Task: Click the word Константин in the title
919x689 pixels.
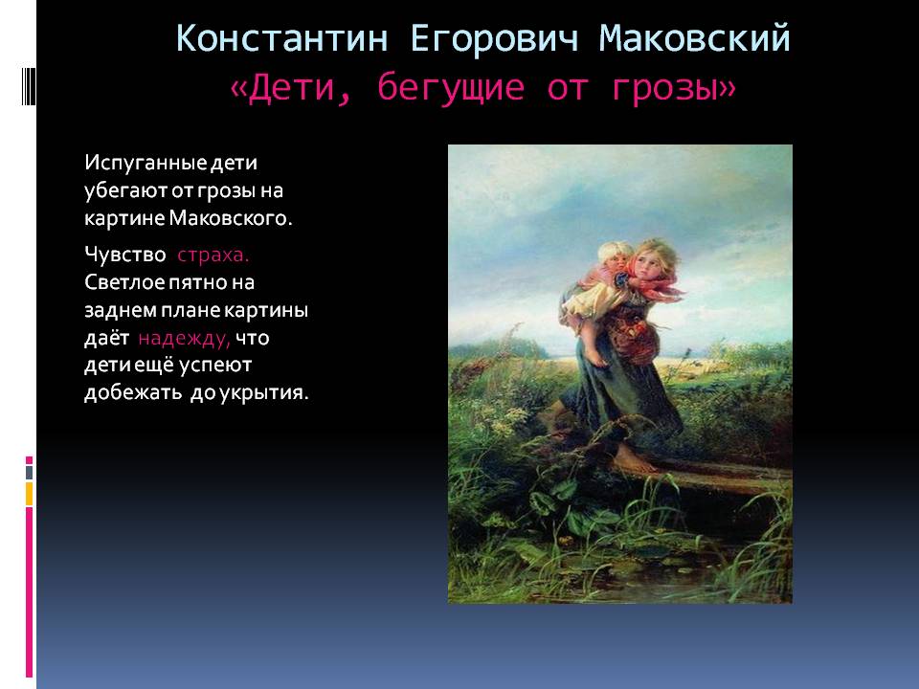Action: coord(281,38)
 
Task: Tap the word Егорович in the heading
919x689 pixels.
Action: coord(494,38)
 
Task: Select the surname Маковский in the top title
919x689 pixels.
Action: coord(695,38)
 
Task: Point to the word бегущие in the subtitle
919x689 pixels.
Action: coord(451,88)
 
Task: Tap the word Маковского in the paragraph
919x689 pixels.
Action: coord(231,218)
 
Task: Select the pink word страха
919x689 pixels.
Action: coord(213,256)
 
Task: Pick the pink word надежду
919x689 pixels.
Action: coord(184,339)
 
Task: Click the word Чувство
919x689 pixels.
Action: coord(124,255)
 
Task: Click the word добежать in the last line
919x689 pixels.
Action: coord(133,392)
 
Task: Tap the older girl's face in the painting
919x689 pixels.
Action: coord(652,264)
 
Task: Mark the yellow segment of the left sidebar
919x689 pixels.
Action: coord(30,494)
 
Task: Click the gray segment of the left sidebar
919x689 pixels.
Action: coord(30,472)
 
